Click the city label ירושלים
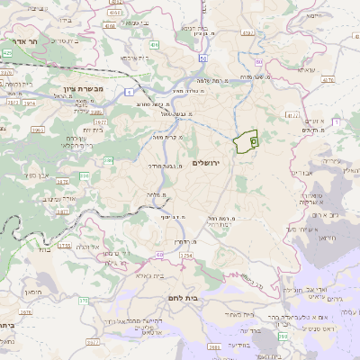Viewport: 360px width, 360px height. [206, 162]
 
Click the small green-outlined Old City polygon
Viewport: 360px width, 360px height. [245, 142]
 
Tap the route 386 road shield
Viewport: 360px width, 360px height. [110, 161]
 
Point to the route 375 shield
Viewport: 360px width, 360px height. [84, 301]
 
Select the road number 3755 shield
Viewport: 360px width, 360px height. [64, 245]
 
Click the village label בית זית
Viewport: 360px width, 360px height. [93, 130]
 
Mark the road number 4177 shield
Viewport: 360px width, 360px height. [292, 115]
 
